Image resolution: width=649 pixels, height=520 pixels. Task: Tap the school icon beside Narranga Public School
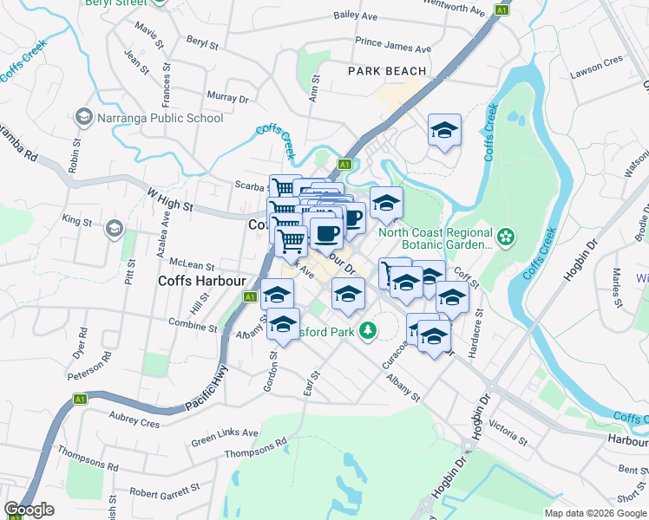click(x=84, y=116)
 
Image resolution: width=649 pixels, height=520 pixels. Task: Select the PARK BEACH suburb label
click(x=388, y=71)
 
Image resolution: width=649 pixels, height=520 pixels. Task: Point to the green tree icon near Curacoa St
click(x=368, y=329)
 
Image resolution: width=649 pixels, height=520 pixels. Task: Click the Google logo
click(x=29, y=510)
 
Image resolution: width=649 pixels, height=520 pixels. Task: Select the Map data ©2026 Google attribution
click(x=595, y=512)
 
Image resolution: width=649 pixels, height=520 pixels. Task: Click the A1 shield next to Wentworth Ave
click(x=501, y=10)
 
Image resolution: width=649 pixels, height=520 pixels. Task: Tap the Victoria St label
click(x=508, y=427)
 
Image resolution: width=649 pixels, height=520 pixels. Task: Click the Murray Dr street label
click(x=228, y=96)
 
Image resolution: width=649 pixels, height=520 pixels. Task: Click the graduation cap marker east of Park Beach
click(x=444, y=132)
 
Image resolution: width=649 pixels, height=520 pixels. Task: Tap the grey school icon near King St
click(x=113, y=229)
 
